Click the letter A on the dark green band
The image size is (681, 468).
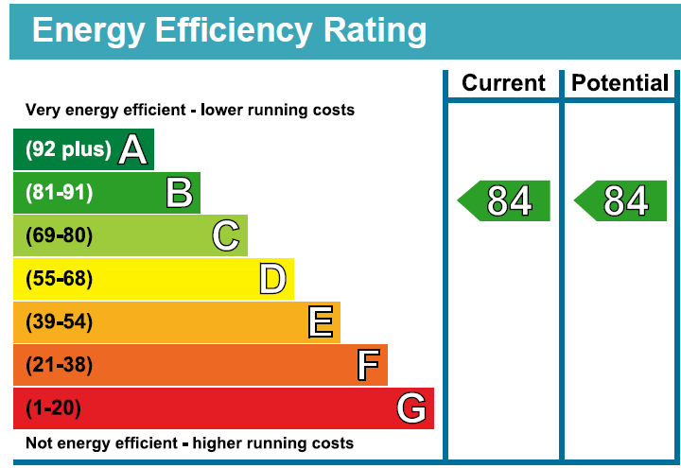click(x=133, y=149)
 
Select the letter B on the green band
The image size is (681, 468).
click(x=179, y=193)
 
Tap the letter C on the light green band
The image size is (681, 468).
click(x=225, y=235)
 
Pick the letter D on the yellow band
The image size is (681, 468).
click(x=272, y=279)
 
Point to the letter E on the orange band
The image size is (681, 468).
click(x=321, y=322)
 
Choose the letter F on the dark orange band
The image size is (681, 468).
click(x=367, y=365)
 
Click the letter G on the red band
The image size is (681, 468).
click(x=411, y=408)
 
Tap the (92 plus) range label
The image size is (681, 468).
click(x=68, y=149)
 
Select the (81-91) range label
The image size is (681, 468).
click(x=59, y=193)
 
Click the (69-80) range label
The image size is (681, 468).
click(x=59, y=235)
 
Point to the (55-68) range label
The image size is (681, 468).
click(x=59, y=279)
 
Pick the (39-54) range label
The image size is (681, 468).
click(x=59, y=322)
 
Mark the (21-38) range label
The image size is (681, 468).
click(x=59, y=365)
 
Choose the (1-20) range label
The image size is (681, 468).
click(x=53, y=408)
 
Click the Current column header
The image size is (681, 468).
click(x=503, y=83)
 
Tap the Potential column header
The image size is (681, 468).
click(x=620, y=83)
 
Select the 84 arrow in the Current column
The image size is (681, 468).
click(x=505, y=201)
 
